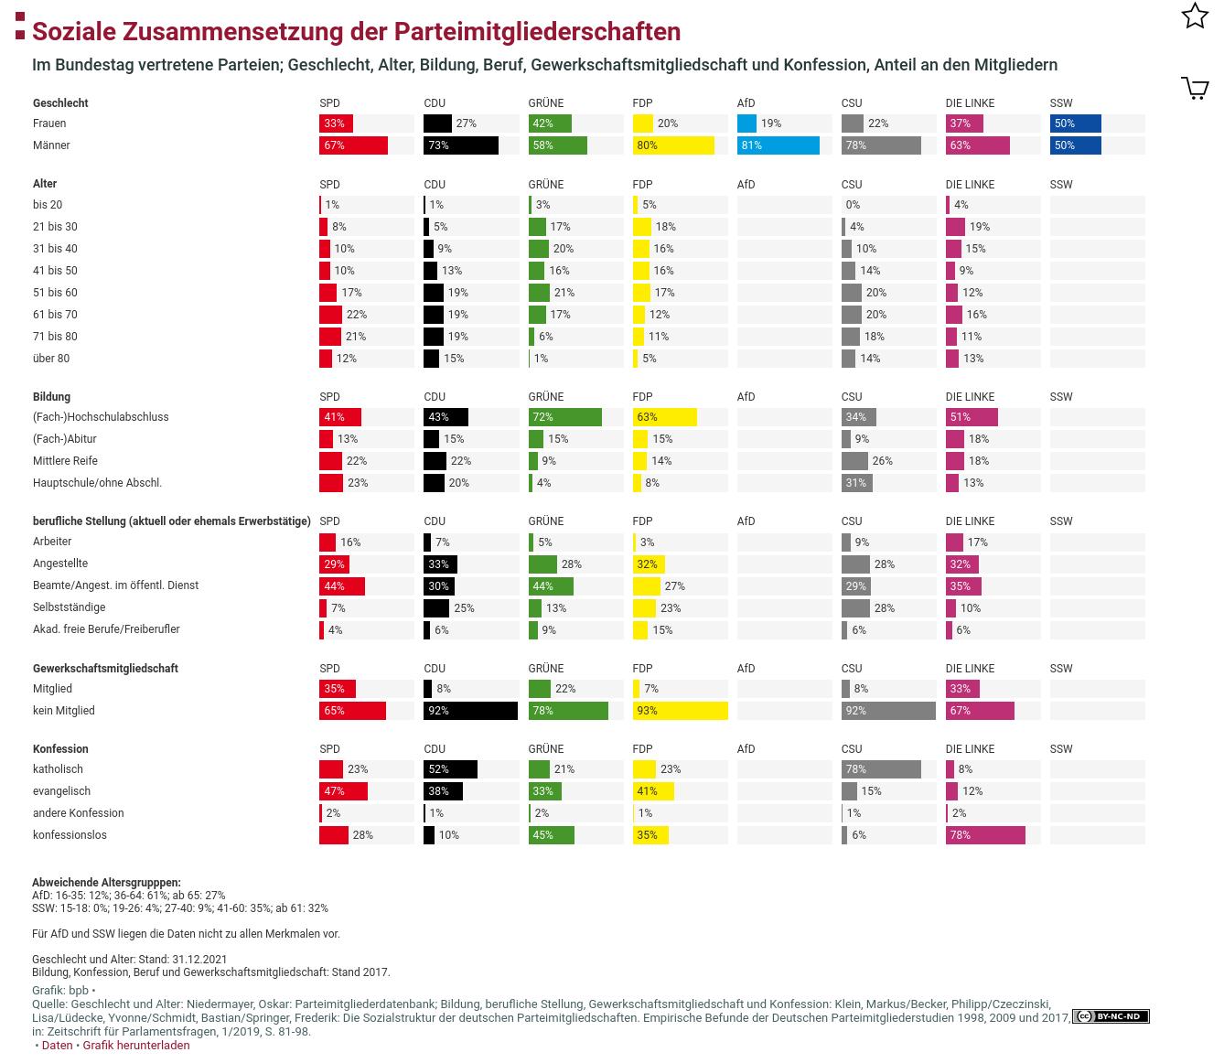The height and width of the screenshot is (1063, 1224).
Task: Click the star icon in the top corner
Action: (x=1195, y=16)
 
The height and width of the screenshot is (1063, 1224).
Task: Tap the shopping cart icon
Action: (x=1195, y=88)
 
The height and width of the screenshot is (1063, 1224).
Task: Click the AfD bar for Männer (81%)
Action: (x=778, y=145)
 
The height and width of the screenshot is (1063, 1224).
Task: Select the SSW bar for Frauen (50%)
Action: (x=1075, y=123)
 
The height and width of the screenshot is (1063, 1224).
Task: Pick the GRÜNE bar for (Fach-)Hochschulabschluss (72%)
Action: (x=564, y=417)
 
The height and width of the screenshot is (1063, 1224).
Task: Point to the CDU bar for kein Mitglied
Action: (x=470, y=711)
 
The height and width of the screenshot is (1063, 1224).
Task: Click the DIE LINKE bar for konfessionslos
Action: (x=984, y=835)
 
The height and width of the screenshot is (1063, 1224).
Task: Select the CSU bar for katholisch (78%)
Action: (x=880, y=769)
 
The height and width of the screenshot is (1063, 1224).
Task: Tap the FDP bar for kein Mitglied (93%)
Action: (x=680, y=711)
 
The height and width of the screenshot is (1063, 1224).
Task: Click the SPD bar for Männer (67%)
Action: (x=353, y=145)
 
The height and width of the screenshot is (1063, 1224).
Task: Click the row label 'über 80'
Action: (x=51, y=359)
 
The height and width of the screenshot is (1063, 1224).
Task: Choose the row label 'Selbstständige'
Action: (x=69, y=607)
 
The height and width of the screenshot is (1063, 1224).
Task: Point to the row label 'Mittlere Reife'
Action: (x=65, y=461)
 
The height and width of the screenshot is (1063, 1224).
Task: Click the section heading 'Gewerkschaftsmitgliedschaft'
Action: (x=105, y=669)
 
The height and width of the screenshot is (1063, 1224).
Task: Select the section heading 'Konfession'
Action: (x=60, y=749)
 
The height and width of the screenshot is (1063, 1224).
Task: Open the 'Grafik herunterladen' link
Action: (x=136, y=1045)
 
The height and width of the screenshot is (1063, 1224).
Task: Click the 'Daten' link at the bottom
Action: (x=57, y=1045)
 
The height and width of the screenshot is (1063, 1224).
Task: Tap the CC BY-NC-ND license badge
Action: (x=1111, y=1016)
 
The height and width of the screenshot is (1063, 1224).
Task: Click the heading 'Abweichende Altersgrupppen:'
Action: (x=106, y=883)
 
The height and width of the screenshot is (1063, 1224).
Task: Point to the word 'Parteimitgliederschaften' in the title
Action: (x=537, y=31)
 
